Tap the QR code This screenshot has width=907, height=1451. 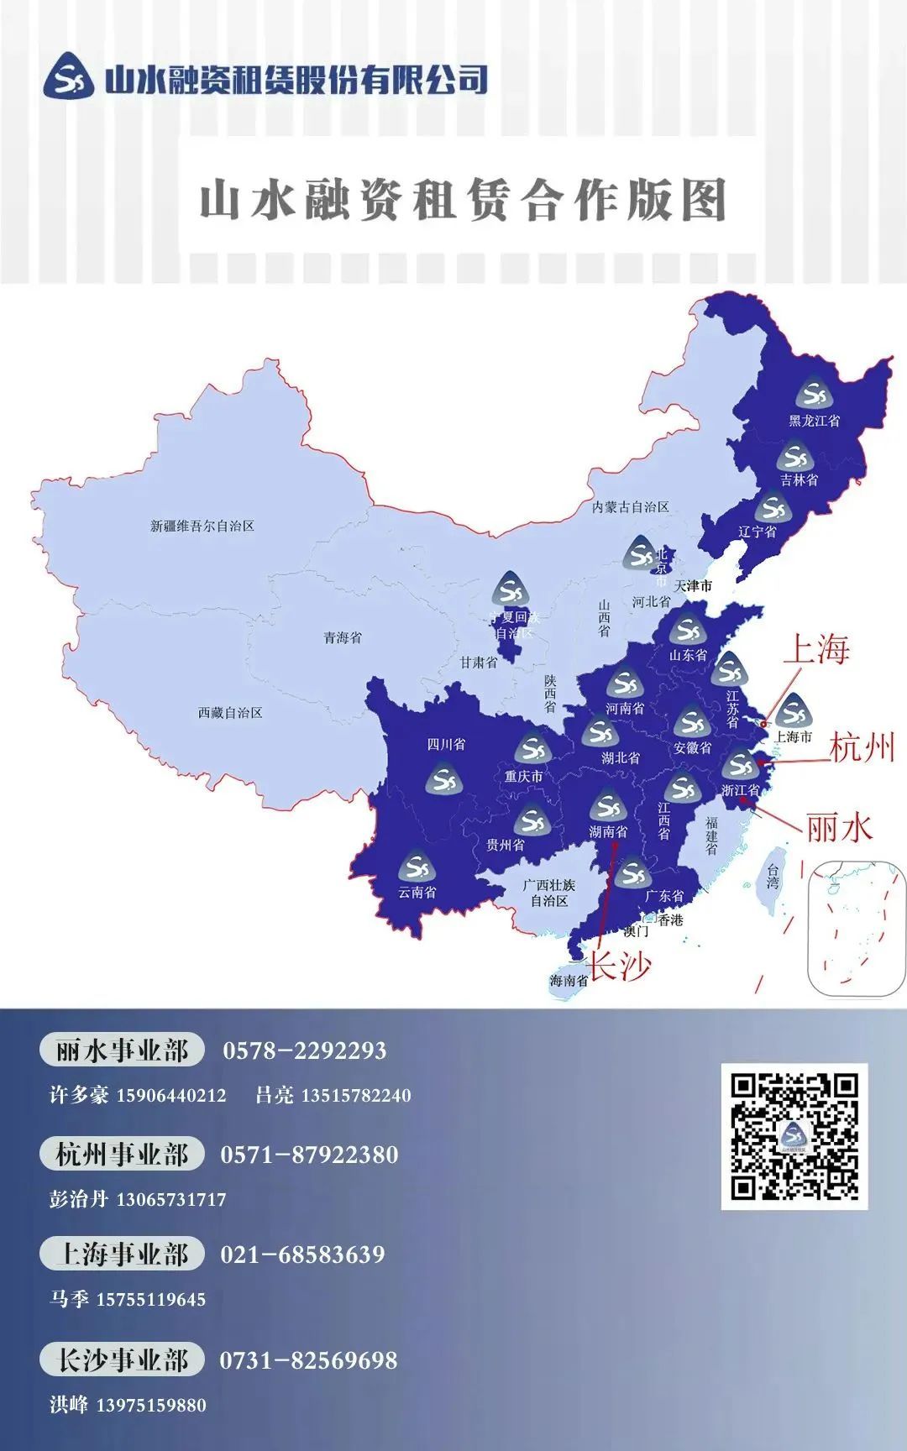[794, 1135]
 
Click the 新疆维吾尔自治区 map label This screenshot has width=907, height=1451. [202, 526]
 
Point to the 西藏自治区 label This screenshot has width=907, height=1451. [230, 713]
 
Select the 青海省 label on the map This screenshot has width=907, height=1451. [343, 638]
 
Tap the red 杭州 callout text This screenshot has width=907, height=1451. [862, 747]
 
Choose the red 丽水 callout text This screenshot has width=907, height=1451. [839, 828]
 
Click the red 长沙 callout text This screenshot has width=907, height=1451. [618, 966]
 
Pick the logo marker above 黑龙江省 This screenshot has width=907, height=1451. [813, 394]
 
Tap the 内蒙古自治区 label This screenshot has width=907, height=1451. [630, 507]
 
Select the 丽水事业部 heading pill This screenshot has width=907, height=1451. [122, 1050]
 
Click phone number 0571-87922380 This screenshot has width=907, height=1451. [309, 1155]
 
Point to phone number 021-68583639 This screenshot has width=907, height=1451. [302, 1255]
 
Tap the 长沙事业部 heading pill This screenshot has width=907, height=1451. [122, 1359]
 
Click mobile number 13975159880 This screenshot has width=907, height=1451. [151, 1405]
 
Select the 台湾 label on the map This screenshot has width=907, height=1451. [773, 877]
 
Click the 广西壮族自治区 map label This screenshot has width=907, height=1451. [549, 893]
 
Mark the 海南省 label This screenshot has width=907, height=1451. [569, 980]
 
